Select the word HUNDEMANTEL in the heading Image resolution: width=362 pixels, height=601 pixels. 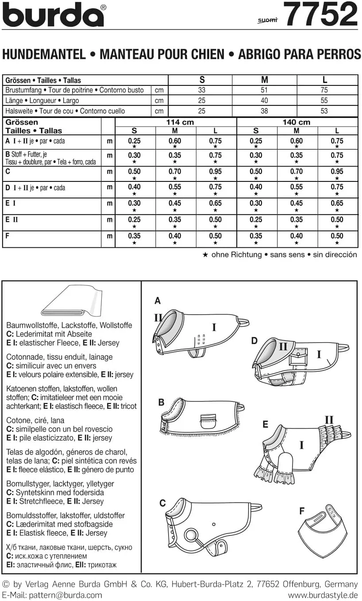44,54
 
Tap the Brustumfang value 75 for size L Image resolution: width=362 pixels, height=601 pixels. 324,90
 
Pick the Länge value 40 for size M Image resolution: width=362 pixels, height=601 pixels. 264,100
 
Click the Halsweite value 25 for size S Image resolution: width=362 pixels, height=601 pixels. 202,111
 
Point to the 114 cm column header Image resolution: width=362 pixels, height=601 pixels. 180,122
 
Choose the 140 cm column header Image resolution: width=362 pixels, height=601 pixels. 297,122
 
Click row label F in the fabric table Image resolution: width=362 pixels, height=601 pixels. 8,236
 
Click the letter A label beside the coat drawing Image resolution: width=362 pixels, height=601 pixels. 158,301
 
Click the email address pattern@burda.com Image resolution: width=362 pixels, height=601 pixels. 65,595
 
